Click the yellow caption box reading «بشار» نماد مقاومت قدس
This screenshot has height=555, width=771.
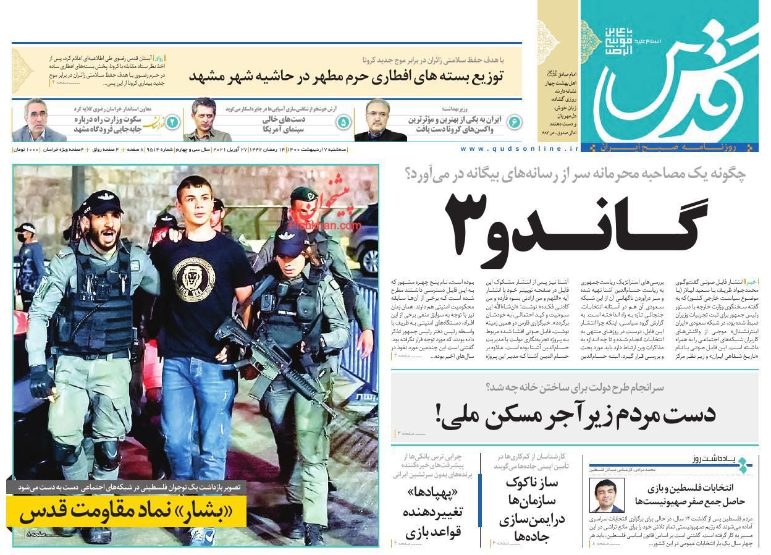click(127, 512)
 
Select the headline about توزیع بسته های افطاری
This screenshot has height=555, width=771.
click(346, 77)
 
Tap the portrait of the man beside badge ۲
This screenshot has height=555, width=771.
click(35, 121)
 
